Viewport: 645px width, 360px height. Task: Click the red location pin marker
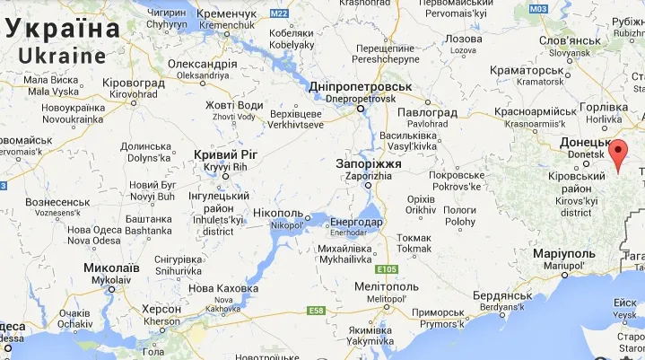pyautogui.click(x=618, y=155)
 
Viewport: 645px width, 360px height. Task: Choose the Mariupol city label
pyautogui.click(x=563, y=259)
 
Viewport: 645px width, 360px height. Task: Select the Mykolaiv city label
pyautogui.click(x=110, y=273)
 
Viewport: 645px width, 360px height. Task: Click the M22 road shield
pyautogui.click(x=279, y=13)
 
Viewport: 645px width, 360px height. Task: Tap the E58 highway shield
pyautogui.click(x=315, y=311)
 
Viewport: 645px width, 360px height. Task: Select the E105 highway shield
pyautogui.click(x=387, y=269)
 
